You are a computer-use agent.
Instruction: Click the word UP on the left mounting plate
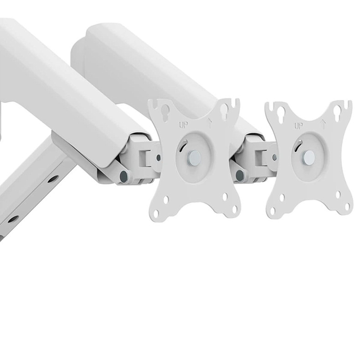[184, 125]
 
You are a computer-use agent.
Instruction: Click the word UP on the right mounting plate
[298, 126]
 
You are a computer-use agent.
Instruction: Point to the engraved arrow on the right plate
[324, 124]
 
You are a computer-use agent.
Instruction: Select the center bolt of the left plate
[195, 157]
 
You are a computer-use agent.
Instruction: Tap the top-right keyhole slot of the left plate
[225, 110]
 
